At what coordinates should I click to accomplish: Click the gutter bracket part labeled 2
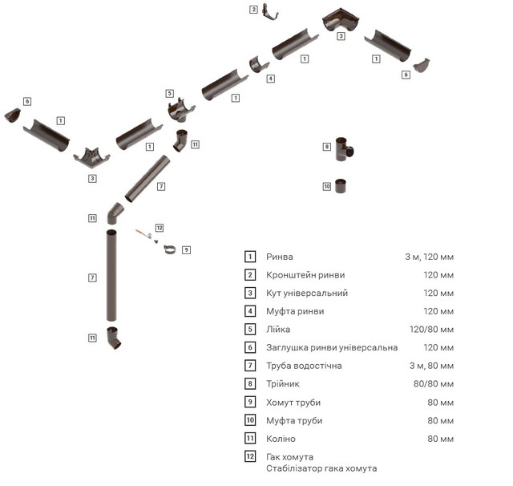pyautogui.click(x=270, y=14)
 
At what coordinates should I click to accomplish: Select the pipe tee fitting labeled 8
pyautogui.click(x=344, y=149)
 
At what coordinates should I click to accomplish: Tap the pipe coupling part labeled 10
pyautogui.click(x=341, y=186)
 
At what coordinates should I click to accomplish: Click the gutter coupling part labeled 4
pyautogui.click(x=258, y=64)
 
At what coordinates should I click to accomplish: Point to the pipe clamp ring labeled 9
pyautogui.click(x=169, y=249)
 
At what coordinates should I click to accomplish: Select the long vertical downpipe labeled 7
pyautogui.click(x=111, y=276)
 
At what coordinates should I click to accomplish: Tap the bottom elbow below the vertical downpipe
pyautogui.click(x=114, y=338)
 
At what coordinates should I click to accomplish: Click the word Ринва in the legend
pyautogui.click(x=280, y=257)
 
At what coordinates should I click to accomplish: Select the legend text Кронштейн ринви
pyautogui.click(x=305, y=275)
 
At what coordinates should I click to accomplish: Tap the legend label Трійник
pyautogui.click(x=283, y=384)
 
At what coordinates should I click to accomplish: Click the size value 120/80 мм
pyautogui.click(x=431, y=330)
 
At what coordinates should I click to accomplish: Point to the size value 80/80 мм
pyautogui.click(x=434, y=384)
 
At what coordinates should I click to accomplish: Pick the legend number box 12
pyautogui.click(x=250, y=456)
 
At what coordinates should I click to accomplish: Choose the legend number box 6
pyautogui.click(x=250, y=347)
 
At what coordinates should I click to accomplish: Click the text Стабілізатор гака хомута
pyautogui.click(x=321, y=468)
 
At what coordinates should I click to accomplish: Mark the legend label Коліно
pyautogui.click(x=281, y=439)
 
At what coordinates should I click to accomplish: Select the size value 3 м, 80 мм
pyautogui.click(x=431, y=366)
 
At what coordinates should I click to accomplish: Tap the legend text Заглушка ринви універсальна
pyautogui.click(x=332, y=347)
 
